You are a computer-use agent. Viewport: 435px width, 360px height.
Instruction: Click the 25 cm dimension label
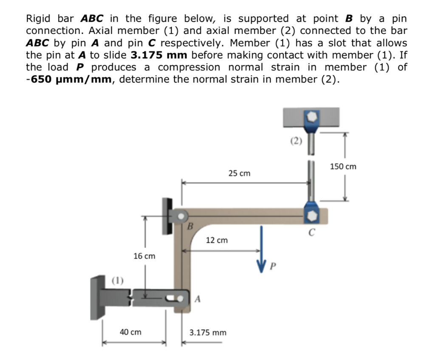pos(239,173)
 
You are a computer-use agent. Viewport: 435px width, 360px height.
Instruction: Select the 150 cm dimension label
pos(343,167)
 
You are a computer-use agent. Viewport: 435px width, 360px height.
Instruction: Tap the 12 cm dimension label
pos(217,241)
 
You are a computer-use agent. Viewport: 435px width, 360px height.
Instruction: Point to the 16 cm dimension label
pos(144,256)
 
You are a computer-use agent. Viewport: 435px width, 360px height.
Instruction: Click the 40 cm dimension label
pos(130,332)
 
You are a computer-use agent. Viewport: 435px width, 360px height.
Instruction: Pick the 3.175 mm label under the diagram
pos(208,332)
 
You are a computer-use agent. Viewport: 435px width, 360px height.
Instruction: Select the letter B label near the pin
pos(190,226)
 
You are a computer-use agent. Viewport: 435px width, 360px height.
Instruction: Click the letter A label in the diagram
pos(197,299)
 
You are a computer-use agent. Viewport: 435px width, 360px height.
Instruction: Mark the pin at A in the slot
pos(183,298)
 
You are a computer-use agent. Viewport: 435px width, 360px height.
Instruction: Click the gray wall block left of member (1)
pos(99,297)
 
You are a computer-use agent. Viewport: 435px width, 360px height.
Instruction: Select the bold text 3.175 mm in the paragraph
pos(157,55)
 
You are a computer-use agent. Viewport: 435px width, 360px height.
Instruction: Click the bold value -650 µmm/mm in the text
pos(70,79)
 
